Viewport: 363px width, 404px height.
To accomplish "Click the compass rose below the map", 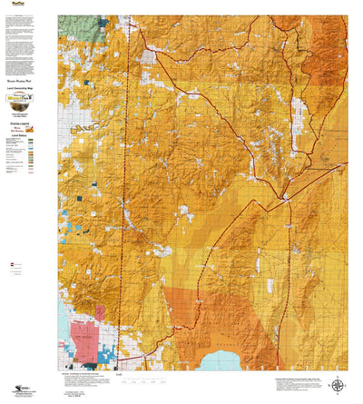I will click(338, 384).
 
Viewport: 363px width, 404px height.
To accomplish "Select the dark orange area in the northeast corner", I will click(330, 45).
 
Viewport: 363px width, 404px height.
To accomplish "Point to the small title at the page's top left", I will click(15, 5).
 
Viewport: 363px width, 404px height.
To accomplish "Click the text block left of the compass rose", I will click(295, 382).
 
